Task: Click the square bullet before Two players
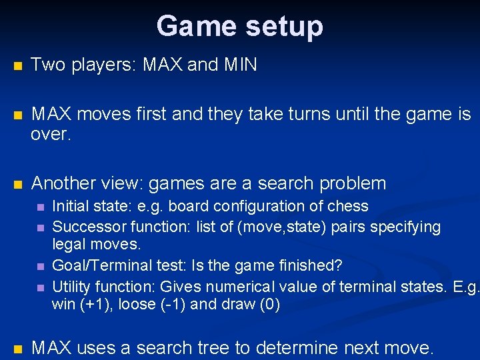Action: point(17,66)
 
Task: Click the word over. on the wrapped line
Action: point(51,135)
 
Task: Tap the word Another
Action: point(67,183)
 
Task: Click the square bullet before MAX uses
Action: point(17,349)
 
